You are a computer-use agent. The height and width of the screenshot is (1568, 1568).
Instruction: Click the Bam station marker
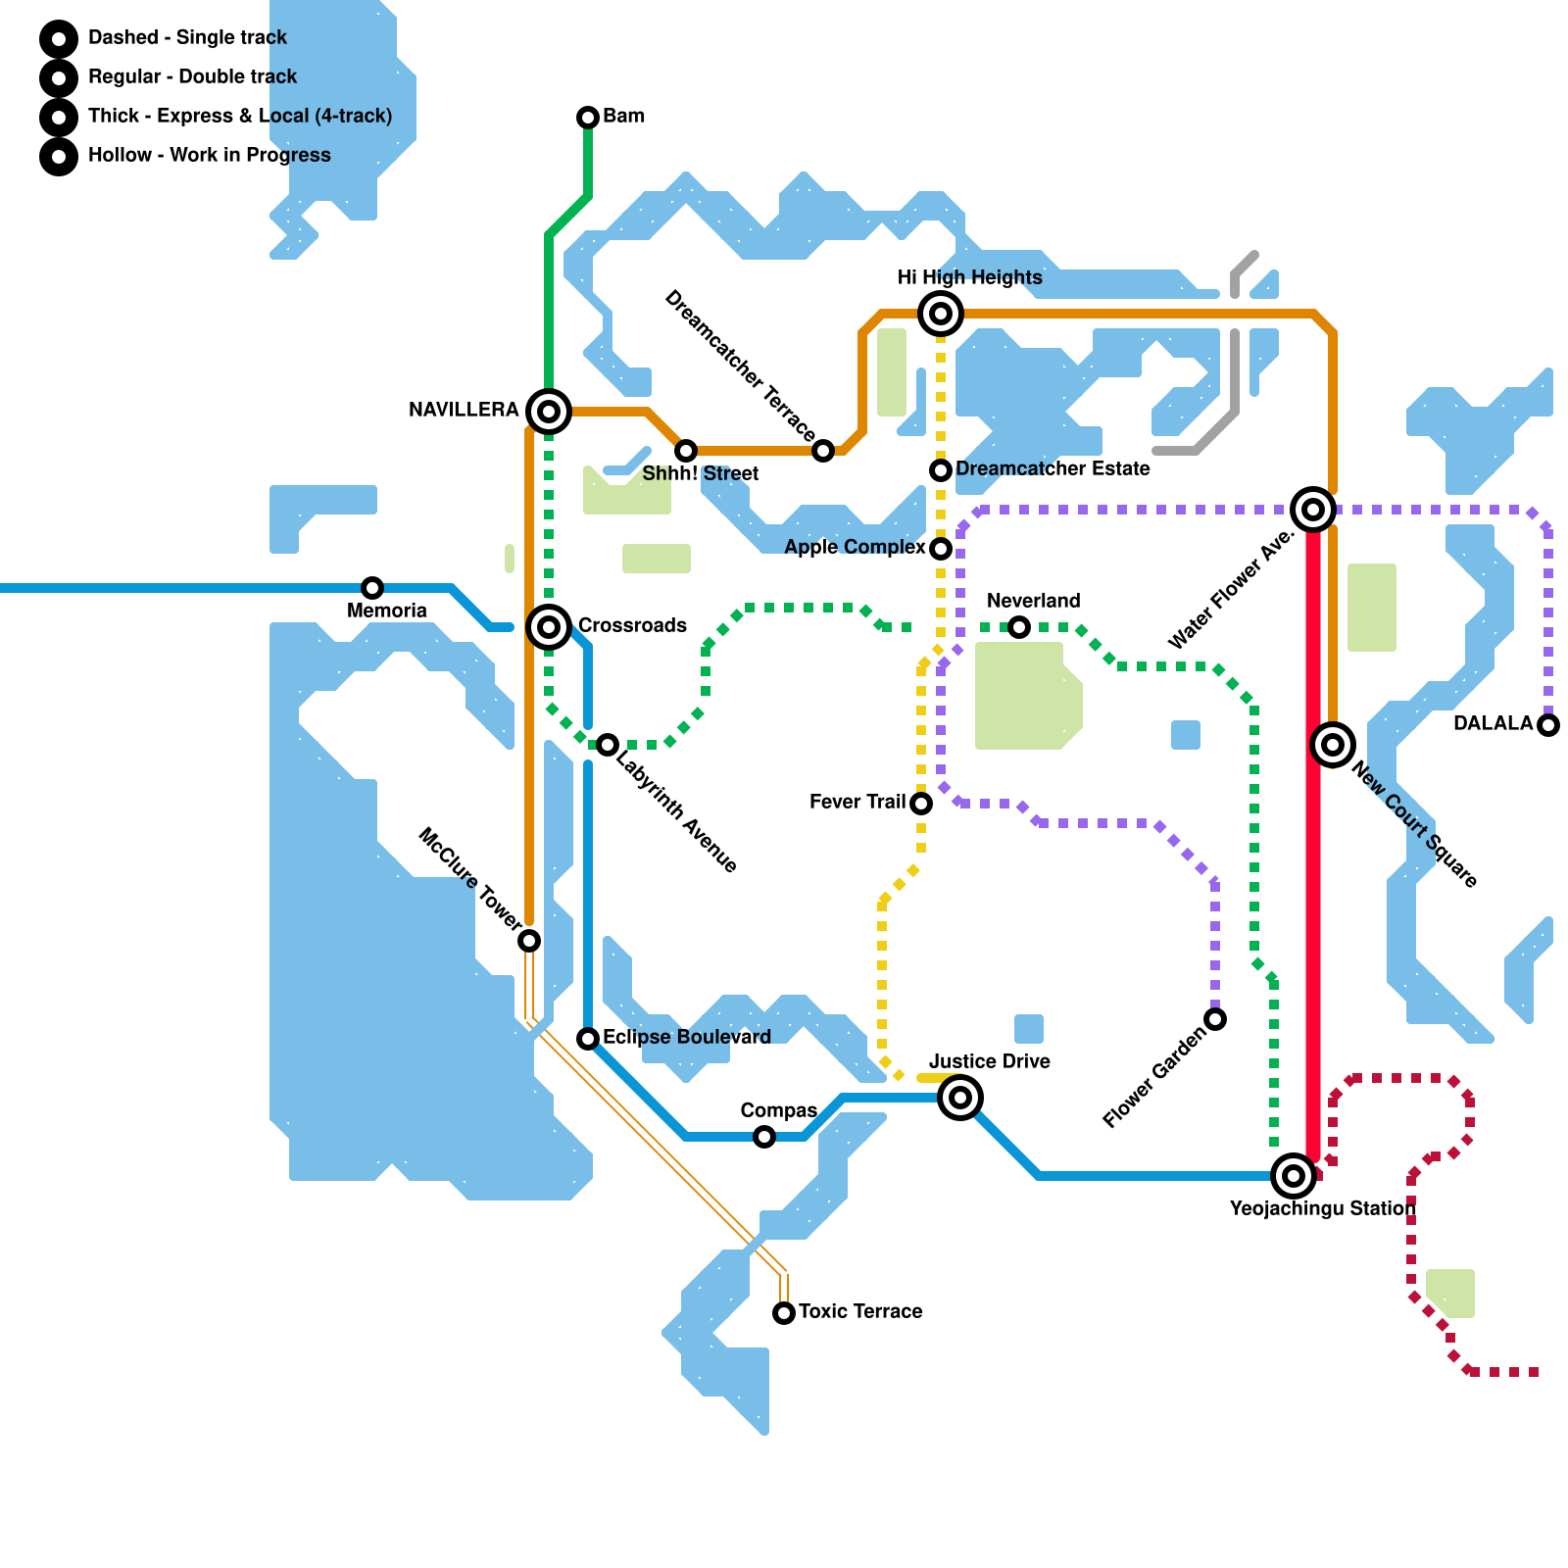(x=588, y=118)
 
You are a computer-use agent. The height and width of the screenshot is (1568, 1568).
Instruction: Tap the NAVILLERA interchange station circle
(x=549, y=412)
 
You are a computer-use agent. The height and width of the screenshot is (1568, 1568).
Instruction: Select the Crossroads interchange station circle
(x=549, y=626)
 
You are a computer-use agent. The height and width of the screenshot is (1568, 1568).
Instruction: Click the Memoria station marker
(x=372, y=588)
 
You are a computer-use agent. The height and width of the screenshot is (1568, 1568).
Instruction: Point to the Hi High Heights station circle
(x=941, y=314)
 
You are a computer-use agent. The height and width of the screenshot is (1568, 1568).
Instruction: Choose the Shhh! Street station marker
(x=686, y=451)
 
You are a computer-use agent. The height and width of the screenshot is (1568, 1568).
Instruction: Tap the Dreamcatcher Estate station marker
(x=941, y=470)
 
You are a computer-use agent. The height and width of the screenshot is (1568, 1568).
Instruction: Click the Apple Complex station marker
(x=941, y=549)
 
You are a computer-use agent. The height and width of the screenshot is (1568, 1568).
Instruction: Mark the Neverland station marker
(x=1019, y=627)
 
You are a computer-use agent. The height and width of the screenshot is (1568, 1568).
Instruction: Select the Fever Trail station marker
(x=921, y=804)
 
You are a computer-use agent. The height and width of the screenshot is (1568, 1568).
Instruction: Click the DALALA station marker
(x=1548, y=725)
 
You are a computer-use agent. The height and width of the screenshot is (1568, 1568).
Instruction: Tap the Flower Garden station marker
(x=1215, y=1019)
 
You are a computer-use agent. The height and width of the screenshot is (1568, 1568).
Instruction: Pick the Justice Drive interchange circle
(x=960, y=1098)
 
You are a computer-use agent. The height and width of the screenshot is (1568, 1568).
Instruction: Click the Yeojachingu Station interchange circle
(x=1294, y=1175)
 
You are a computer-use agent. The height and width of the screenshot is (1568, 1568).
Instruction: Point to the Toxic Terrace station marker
(x=784, y=1313)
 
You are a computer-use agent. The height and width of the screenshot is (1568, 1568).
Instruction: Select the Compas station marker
(x=764, y=1137)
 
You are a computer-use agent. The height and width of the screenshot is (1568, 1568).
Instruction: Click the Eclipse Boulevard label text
(x=686, y=1037)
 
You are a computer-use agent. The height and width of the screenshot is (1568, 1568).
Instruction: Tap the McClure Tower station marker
(x=529, y=941)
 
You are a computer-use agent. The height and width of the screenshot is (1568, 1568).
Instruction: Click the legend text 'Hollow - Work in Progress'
(x=209, y=155)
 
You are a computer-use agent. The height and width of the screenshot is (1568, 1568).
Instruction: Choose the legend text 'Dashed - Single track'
(x=187, y=37)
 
